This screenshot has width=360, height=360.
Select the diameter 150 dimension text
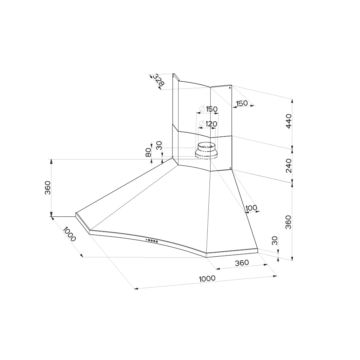click(209, 109)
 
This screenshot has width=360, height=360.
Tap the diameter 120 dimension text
click(208, 124)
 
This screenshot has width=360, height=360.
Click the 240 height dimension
click(289, 166)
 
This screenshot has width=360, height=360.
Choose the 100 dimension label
click(251, 208)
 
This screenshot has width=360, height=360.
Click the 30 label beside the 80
click(159, 145)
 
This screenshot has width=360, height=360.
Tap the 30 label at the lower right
click(275, 240)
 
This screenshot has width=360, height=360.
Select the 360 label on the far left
click(48, 188)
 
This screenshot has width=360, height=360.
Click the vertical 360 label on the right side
click(288, 222)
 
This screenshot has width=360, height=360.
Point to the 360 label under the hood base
click(242, 263)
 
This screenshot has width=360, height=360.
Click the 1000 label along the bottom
click(207, 279)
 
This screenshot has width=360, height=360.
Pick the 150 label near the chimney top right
click(242, 103)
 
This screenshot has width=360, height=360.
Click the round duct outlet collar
click(206, 151)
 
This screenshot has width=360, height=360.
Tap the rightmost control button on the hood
click(157, 241)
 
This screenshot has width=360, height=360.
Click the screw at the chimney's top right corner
click(230, 87)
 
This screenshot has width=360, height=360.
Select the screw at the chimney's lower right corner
click(230, 168)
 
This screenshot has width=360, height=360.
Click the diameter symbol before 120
click(202, 124)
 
